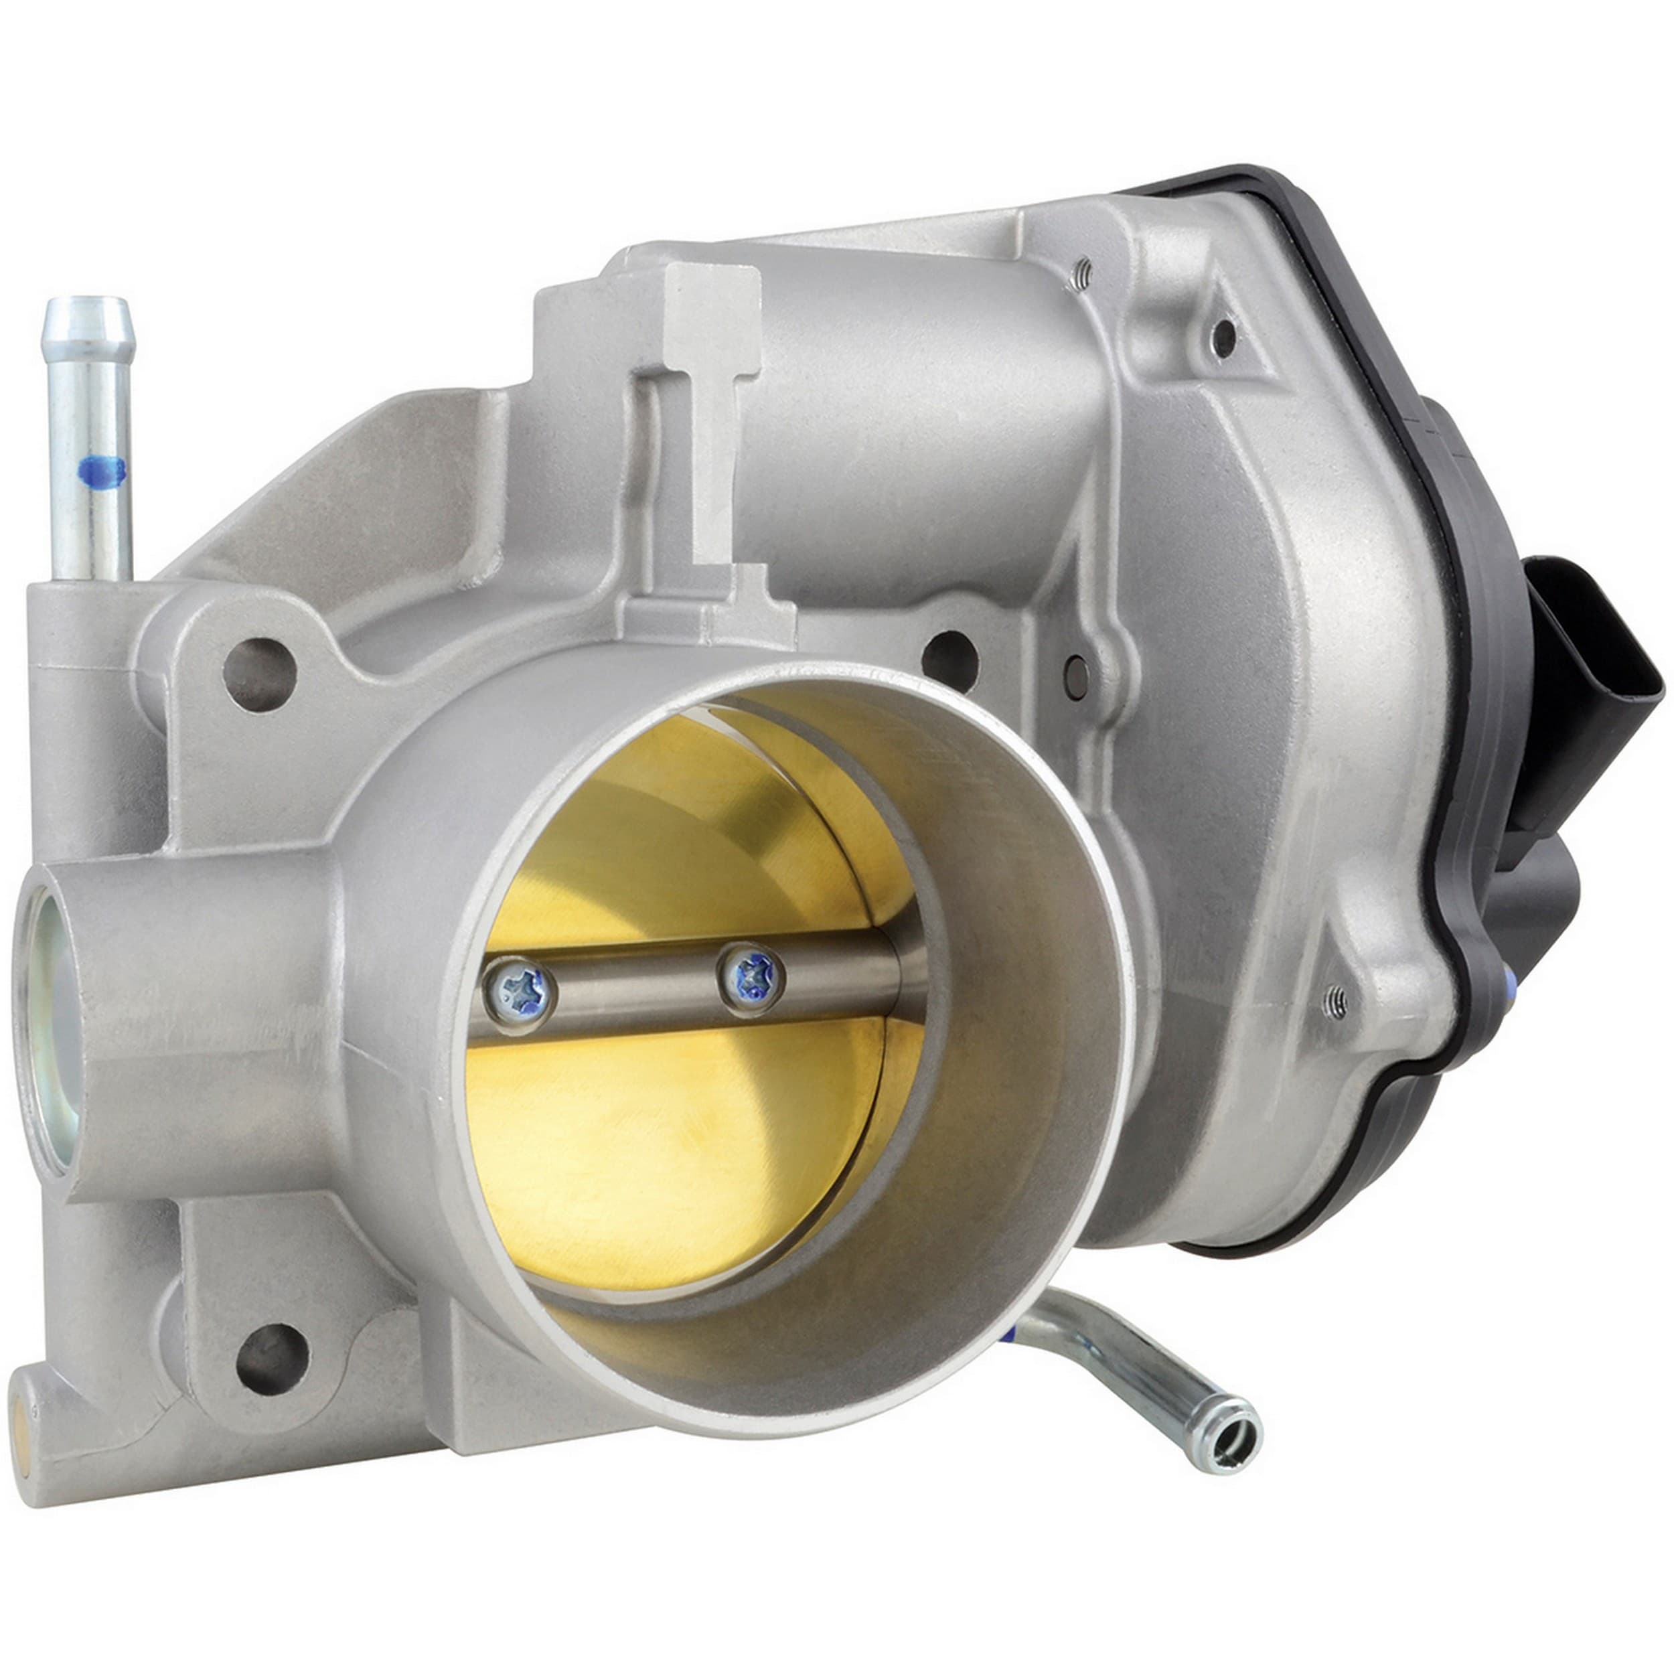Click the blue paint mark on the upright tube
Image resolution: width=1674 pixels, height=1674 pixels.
pos(101,471)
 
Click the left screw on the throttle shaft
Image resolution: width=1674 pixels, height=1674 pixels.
pos(518,994)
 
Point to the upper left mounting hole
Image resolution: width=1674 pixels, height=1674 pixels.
pos(259,675)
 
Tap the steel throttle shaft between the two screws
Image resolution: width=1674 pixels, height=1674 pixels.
pos(637,988)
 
